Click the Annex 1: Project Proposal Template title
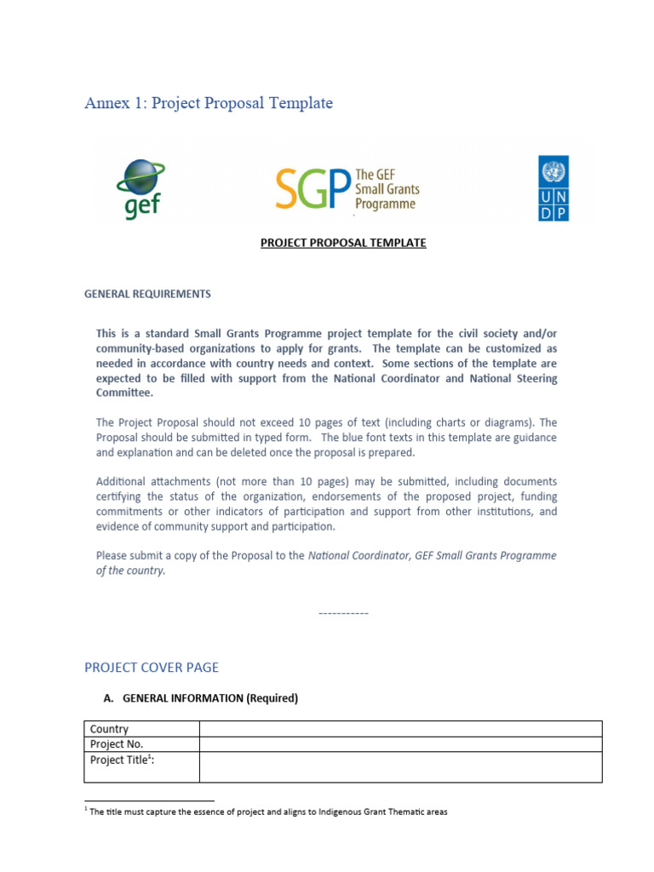click(x=209, y=103)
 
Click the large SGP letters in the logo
click(x=313, y=189)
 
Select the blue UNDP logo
click(x=554, y=188)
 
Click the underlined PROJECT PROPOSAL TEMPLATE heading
click(x=343, y=243)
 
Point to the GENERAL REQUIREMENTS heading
click(x=147, y=294)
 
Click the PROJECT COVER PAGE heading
click(x=151, y=668)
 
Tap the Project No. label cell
click(x=117, y=744)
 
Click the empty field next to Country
click(x=400, y=729)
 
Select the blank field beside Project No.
click(x=400, y=744)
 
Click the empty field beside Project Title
click(x=400, y=767)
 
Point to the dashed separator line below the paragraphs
click(x=343, y=613)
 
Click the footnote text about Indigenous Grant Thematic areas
click(x=268, y=812)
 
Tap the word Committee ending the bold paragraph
click(x=125, y=393)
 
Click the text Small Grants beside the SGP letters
click(x=387, y=190)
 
